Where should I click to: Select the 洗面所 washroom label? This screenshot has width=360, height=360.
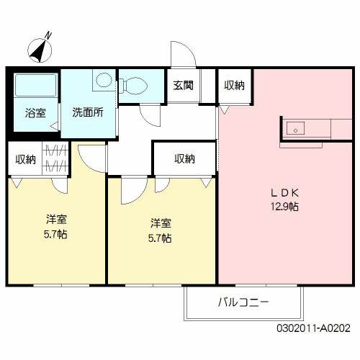(x=87, y=112)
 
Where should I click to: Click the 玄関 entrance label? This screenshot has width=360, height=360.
(x=183, y=85)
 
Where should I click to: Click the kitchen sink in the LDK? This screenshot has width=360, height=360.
(x=296, y=129)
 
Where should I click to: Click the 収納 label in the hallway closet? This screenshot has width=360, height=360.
(x=184, y=159)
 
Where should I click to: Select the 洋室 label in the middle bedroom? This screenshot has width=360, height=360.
(x=161, y=223)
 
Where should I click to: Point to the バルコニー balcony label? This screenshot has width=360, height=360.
(x=243, y=303)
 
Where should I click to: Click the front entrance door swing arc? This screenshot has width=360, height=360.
(x=180, y=54)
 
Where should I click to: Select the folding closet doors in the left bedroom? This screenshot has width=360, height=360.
(x=56, y=159)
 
